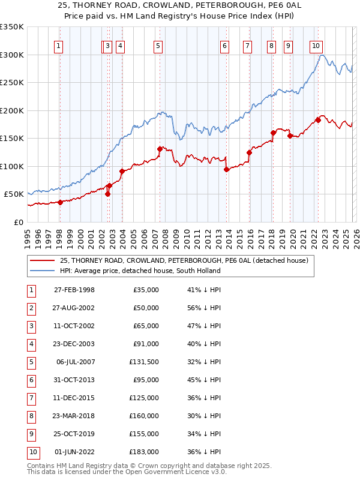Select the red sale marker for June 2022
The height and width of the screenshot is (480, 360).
(x=318, y=120)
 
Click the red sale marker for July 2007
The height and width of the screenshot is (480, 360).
(x=160, y=149)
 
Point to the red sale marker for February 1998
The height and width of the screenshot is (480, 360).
(x=61, y=202)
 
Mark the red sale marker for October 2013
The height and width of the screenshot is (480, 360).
(x=226, y=169)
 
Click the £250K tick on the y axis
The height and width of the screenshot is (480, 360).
(x=12, y=82)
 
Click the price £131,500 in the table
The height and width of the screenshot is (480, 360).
(x=144, y=362)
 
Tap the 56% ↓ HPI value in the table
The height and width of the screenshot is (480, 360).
(x=200, y=308)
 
